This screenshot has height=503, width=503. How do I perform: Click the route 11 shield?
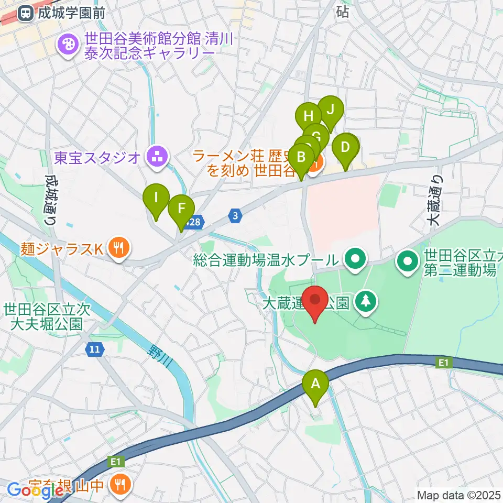(x=94, y=348)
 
